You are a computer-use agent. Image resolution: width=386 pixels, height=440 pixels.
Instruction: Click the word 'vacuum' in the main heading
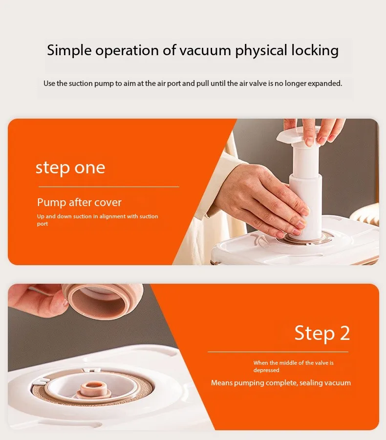(x=205, y=50)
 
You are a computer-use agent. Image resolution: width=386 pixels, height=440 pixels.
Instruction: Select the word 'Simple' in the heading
(x=69, y=51)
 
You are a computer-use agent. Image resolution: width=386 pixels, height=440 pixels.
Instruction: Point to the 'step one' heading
(x=70, y=168)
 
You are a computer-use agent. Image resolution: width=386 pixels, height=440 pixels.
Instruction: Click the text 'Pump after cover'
(x=79, y=202)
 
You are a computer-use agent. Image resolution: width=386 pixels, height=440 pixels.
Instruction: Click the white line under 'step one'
(x=108, y=187)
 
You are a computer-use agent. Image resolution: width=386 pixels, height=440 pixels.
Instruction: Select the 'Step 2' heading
(x=322, y=334)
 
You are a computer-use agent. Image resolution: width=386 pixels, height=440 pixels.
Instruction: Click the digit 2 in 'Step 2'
(x=345, y=333)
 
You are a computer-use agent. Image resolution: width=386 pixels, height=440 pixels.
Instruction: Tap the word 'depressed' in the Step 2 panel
(x=266, y=370)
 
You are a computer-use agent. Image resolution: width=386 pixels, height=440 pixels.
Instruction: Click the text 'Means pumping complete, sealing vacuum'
(x=281, y=383)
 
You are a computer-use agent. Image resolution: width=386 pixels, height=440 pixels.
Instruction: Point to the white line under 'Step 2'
(x=278, y=352)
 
